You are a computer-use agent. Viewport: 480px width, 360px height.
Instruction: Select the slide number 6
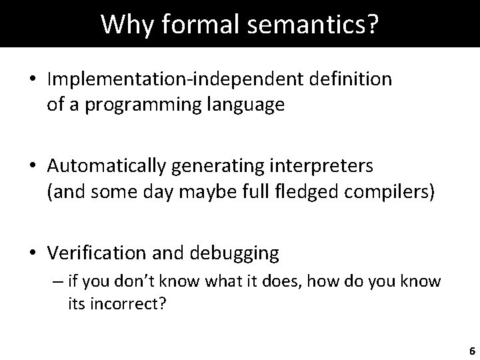point(471,350)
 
